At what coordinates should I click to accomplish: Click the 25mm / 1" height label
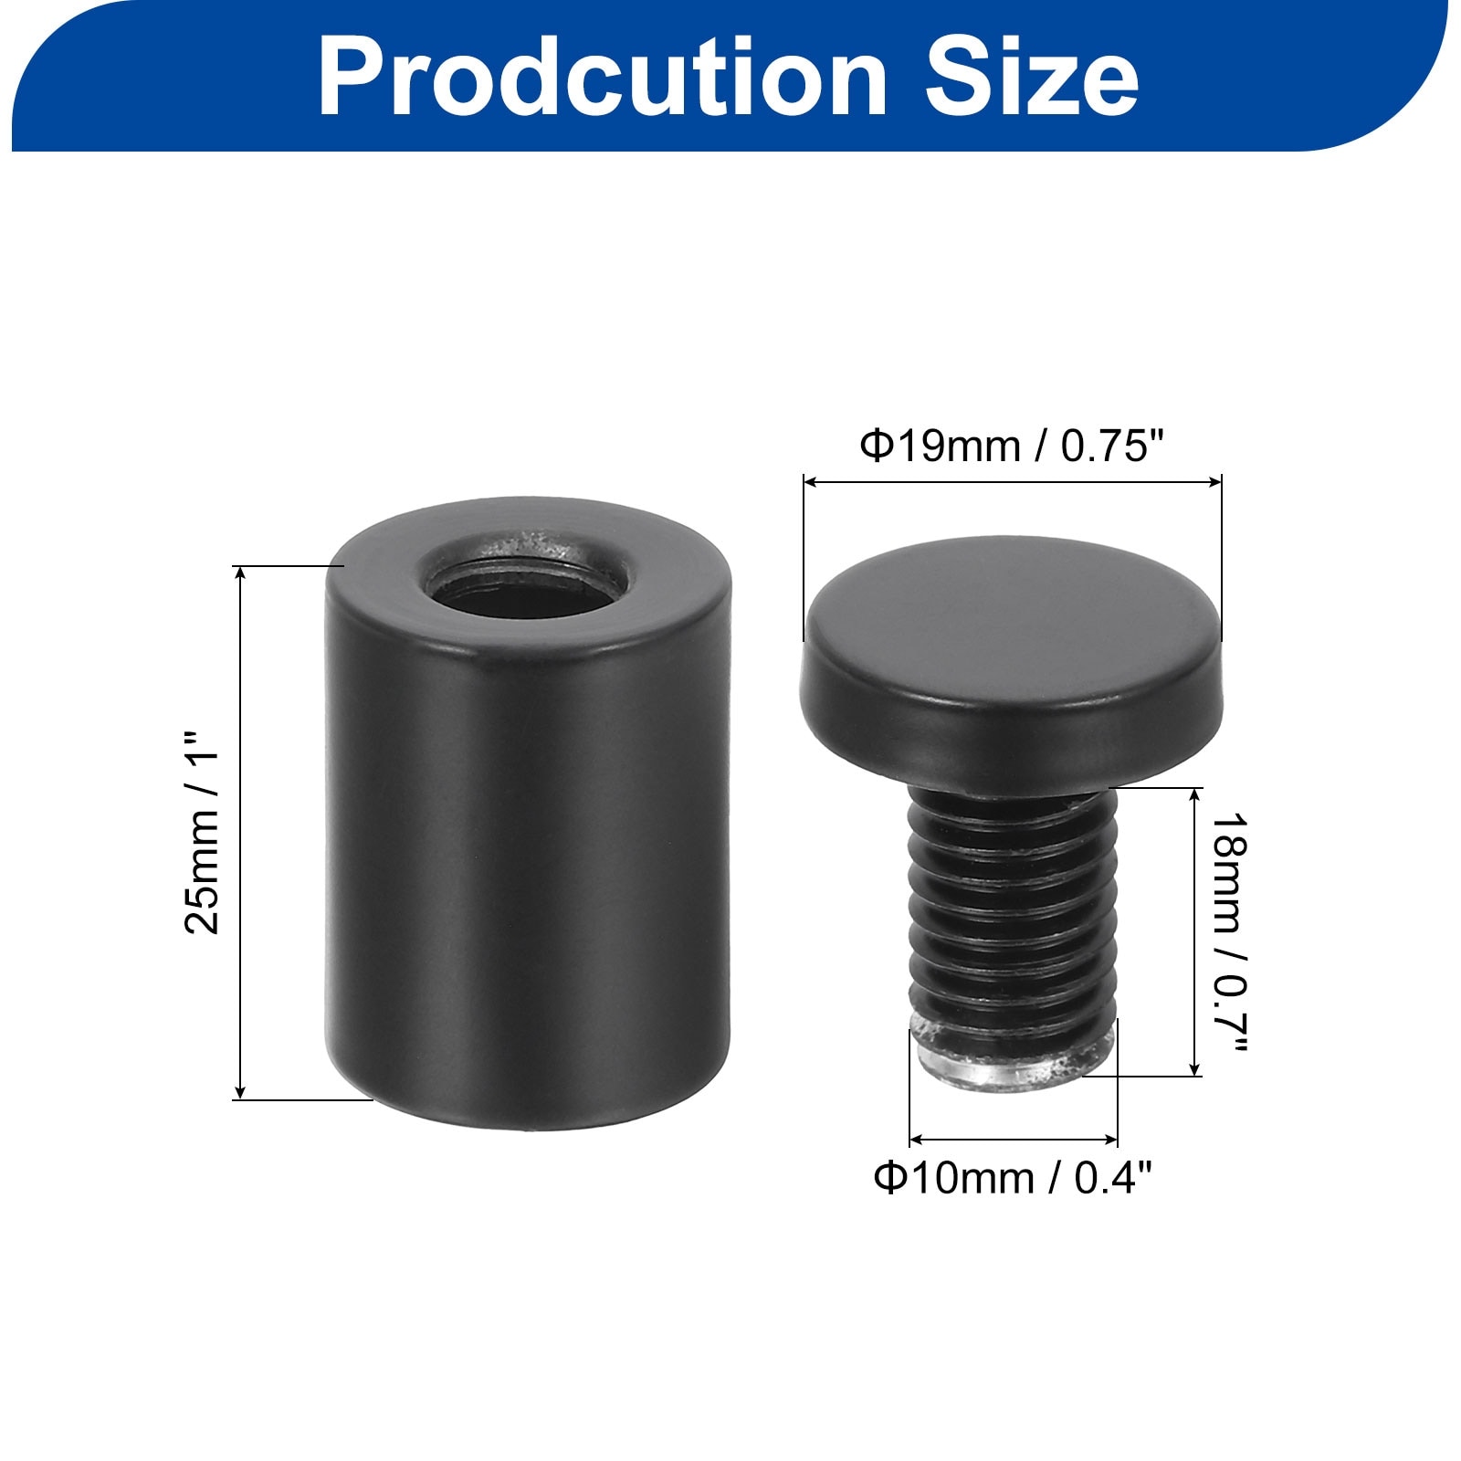203,831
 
